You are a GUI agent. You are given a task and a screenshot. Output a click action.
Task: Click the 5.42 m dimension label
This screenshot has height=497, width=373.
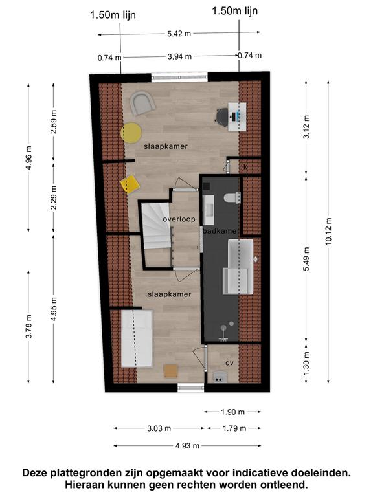[x=179, y=33]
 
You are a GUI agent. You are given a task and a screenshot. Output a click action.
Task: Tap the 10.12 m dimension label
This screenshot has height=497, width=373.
[x=328, y=232]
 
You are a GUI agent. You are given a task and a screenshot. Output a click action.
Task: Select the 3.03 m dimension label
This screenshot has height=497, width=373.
[x=159, y=428]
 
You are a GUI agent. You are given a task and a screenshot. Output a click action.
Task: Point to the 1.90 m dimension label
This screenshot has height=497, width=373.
[x=233, y=412]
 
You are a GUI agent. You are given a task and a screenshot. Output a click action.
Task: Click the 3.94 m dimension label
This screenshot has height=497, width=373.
[x=179, y=56]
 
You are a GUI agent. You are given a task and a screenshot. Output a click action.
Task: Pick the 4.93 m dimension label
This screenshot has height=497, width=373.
[x=187, y=446]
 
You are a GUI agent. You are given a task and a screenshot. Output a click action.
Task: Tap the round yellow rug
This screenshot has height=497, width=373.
[x=131, y=133]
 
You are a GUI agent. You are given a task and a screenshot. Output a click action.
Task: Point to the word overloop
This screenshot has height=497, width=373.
[x=179, y=219]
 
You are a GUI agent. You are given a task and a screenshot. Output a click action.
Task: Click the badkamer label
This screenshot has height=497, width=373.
[x=221, y=231]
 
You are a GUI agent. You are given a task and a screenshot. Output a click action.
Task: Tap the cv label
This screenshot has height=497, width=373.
[x=229, y=362]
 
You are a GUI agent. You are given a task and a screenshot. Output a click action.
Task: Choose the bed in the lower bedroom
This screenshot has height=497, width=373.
[x=137, y=338]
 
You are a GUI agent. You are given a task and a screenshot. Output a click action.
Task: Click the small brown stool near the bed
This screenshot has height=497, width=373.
[x=171, y=371]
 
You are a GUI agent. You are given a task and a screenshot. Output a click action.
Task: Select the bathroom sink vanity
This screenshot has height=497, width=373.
[x=209, y=210]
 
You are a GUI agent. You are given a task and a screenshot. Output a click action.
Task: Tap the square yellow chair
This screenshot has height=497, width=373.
[x=130, y=184]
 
